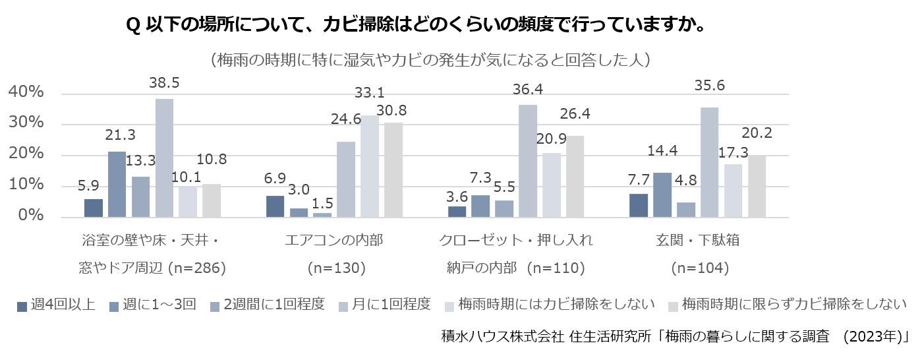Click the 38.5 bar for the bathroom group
click(164, 158)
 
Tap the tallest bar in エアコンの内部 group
click(369, 167)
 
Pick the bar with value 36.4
click(528, 162)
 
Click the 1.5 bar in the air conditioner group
click(322, 215)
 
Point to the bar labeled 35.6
click(710, 163)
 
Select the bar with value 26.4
click(575, 177)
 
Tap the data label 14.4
click(662, 150)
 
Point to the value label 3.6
click(457, 196)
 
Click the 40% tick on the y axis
click(26, 93)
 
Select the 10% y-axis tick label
click(26, 186)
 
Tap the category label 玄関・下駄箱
click(701, 240)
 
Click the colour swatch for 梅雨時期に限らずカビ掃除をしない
click(673, 305)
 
